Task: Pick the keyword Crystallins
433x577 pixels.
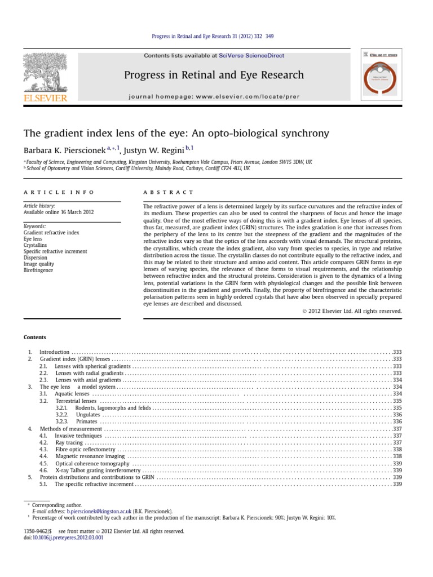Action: [x=36, y=245]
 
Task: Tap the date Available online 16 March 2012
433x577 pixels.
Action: [x=59, y=212]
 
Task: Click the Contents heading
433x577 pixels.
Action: [x=34, y=337]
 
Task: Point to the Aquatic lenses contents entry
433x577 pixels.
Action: [x=72, y=393]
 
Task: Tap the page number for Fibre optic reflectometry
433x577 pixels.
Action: [x=397, y=450]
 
